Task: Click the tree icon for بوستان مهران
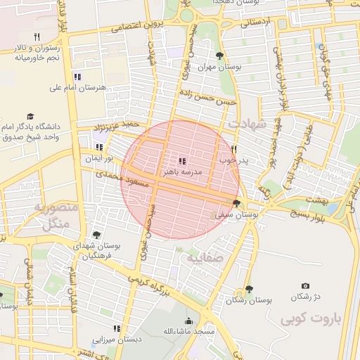pyautogui.click(x=220, y=56)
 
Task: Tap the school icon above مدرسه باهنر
pyautogui.click(x=183, y=161)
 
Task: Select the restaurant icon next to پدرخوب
pyautogui.click(x=234, y=149)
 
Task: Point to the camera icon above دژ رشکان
pyautogui.click(x=305, y=285)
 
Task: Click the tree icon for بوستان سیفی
pyautogui.click(x=236, y=204)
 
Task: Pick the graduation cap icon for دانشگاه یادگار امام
pyautogui.click(x=30, y=116)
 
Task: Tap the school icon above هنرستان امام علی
pyautogui.click(x=77, y=77)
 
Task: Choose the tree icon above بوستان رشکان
pyautogui.click(x=248, y=289)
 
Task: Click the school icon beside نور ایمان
pyautogui.click(x=99, y=148)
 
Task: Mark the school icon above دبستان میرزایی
pyautogui.click(x=117, y=328)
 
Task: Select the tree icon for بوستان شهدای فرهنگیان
pyautogui.click(x=96, y=235)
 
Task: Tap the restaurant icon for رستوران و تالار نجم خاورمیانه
pyautogui.click(x=37, y=36)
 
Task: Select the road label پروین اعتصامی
pyautogui.click(x=138, y=26)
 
